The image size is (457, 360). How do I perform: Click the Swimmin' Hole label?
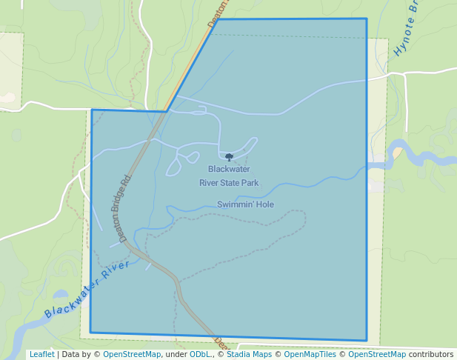coord(245,204)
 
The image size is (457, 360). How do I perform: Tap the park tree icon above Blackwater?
coord(229,157)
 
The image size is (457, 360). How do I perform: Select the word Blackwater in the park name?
coord(229,169)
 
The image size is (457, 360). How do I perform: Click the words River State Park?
coord(229,182)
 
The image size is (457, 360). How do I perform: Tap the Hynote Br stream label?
coord(407,30)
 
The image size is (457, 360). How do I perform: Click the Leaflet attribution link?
coord(41,354)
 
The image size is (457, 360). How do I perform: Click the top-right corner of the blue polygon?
coord(367,19)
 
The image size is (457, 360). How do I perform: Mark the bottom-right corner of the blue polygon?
coord(367,341)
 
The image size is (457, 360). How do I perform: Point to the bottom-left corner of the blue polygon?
coord(90,332)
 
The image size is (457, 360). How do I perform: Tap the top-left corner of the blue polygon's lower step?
coord(92,110)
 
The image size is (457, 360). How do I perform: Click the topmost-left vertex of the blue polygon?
coord(218,19)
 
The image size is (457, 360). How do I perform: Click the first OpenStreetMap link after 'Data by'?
coord(132,354)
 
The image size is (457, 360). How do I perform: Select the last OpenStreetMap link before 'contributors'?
coord(377,354)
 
